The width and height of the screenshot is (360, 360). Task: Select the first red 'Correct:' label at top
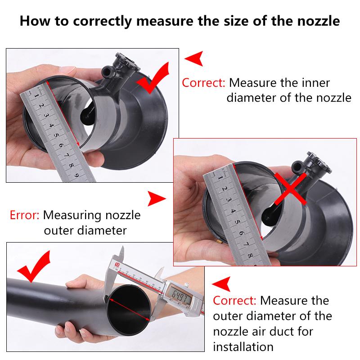coord(203,83)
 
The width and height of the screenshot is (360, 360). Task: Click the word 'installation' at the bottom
coord(243,347)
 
